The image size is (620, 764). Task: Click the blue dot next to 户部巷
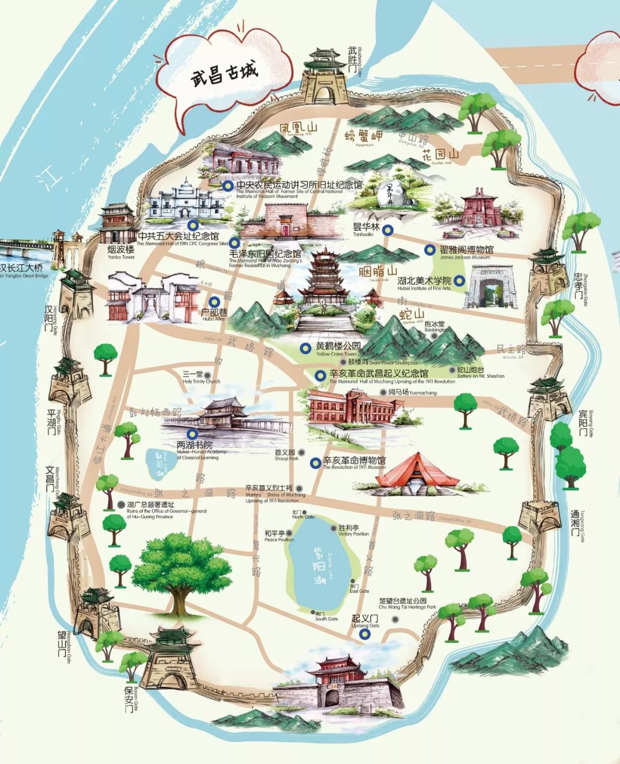point(214,301)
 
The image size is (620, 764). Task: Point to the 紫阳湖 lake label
point(319,566)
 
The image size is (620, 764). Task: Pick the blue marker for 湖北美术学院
point(459,281)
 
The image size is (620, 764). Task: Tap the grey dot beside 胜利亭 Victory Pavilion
point(334,528)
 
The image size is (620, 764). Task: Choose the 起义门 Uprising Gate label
point(365,619)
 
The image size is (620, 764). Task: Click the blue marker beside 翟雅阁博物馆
point(429,250)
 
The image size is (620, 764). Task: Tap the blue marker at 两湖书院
point(192,434)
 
